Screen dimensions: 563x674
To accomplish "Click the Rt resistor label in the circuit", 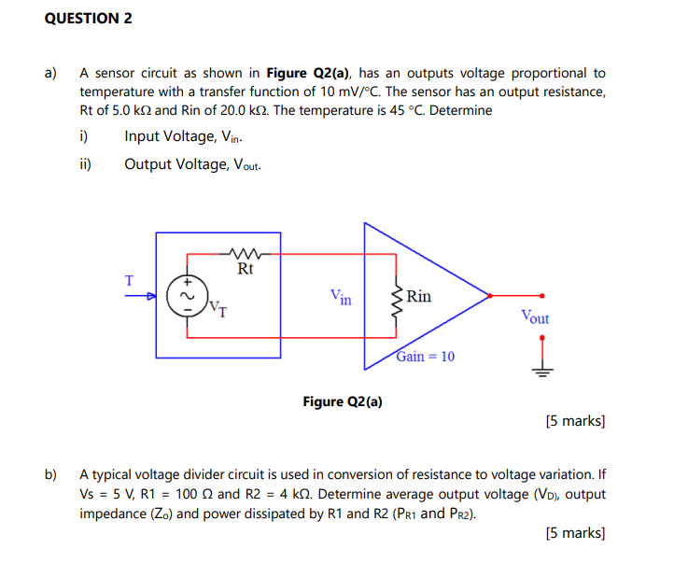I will [246, 269].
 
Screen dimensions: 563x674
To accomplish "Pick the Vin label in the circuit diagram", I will [341, 297].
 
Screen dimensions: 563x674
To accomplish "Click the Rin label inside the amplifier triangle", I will [419, 296].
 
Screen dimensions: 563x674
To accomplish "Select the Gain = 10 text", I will [426, 357].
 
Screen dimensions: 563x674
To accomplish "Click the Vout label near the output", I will [535, 317].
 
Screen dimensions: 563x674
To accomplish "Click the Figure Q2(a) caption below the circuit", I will [343, 401].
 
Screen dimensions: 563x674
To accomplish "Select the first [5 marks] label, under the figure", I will [574, 421].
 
